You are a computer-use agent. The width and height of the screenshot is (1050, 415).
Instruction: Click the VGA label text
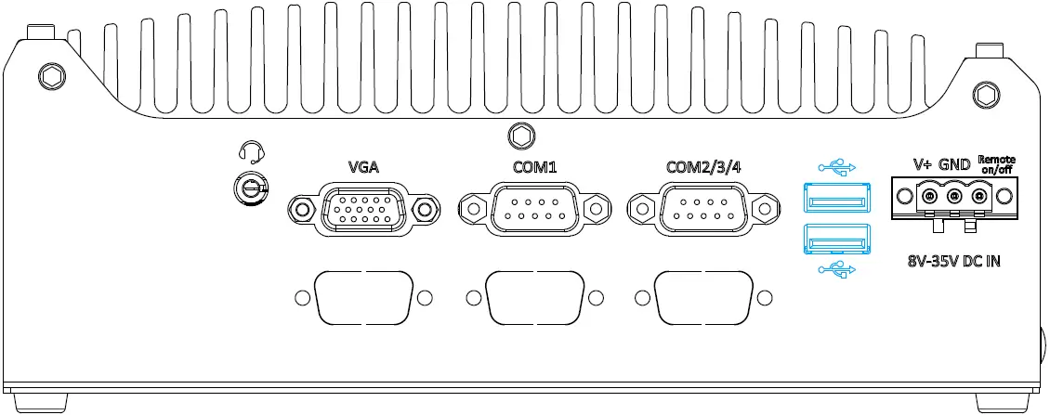362,168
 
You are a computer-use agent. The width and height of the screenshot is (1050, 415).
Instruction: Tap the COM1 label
532,168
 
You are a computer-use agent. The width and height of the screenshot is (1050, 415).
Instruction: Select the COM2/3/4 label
703,168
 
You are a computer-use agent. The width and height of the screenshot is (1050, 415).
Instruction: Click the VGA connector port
362,210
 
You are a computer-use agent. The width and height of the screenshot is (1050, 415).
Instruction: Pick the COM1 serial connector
532,210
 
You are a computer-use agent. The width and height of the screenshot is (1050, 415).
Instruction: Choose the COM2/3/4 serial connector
702,210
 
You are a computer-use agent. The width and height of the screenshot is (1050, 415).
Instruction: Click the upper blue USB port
837,199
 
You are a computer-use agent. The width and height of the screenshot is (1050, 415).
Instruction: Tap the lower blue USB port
837,240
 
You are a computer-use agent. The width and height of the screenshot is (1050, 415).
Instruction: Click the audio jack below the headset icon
249,188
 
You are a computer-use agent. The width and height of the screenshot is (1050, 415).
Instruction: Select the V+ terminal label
923,164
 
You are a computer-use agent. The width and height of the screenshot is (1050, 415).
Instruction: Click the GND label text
954,164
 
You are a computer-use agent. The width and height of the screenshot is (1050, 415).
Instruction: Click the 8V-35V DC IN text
954,261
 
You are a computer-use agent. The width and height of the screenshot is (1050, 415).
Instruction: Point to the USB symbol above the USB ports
836,167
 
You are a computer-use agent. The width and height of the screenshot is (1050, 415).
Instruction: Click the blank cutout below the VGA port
363,298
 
